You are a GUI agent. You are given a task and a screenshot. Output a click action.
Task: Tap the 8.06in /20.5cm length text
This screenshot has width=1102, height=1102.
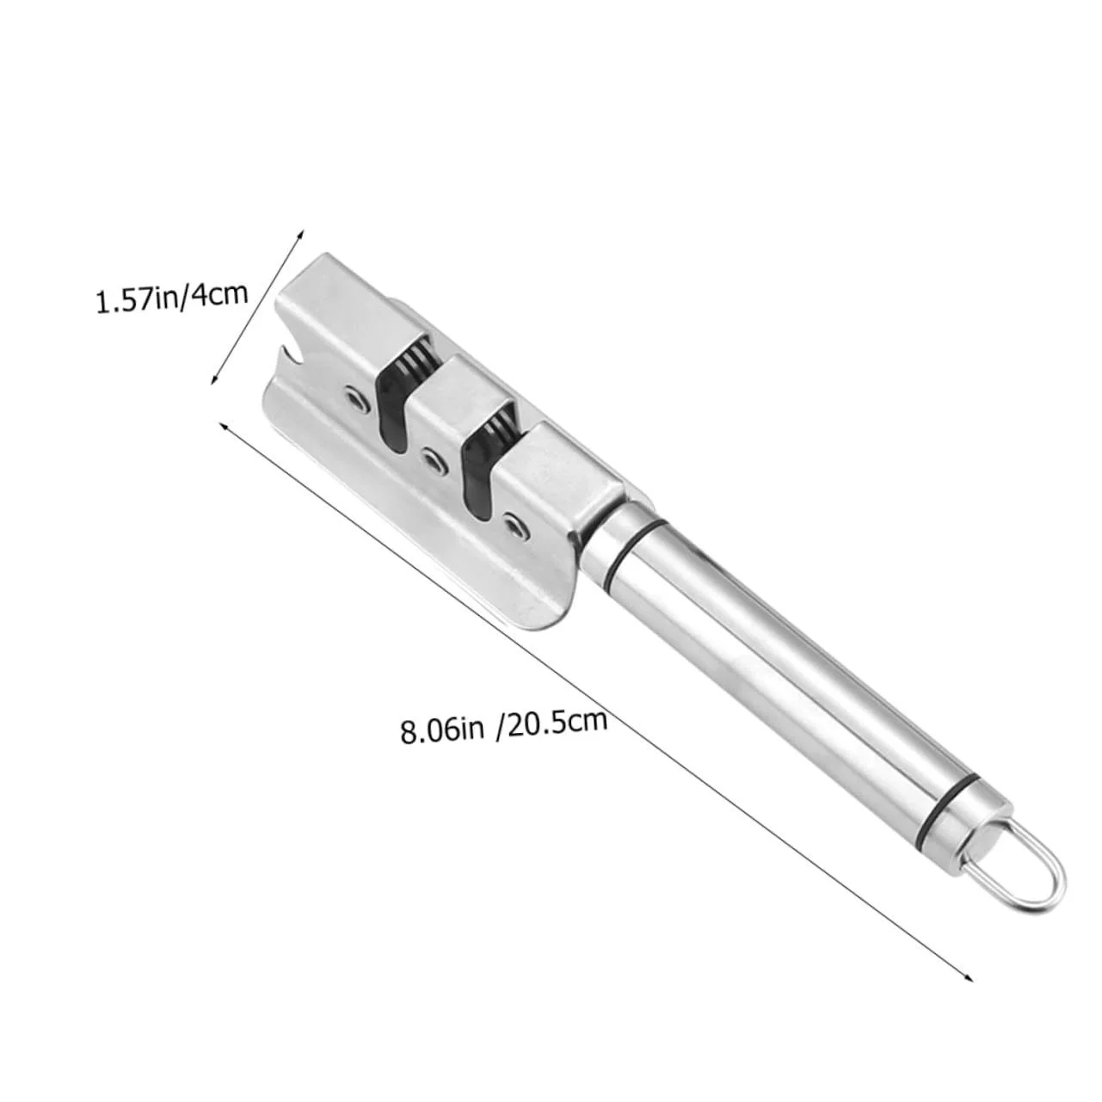(x=503, y=724)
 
